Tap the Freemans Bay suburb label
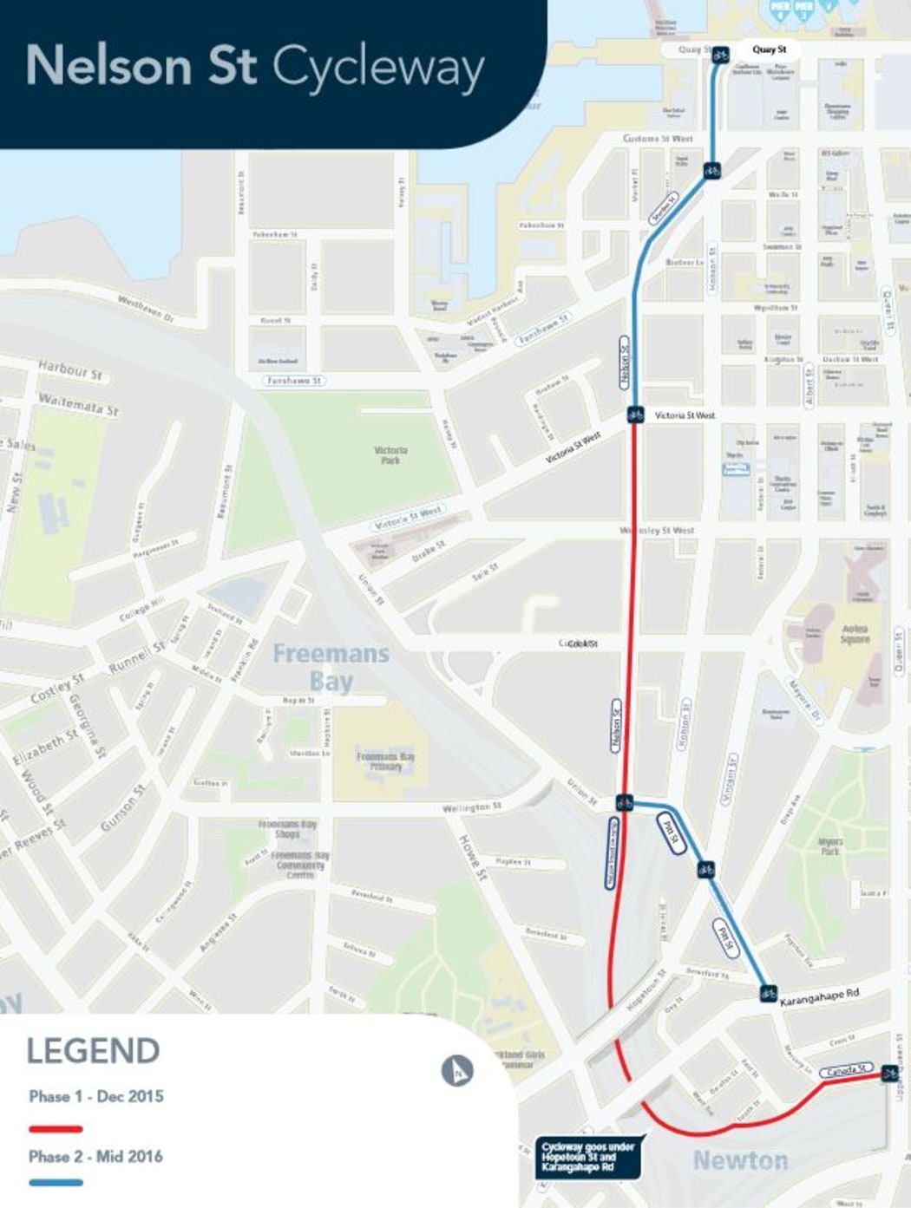[x=331, y=667]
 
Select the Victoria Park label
[x=390, y=455]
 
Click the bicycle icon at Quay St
[x=720, y=56]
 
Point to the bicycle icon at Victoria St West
[x=635, y=415]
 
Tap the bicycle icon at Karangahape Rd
[x=768, y=993]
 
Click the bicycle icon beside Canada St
[x=889, y=1074]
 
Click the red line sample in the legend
[x=56, y=1129]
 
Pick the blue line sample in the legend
[x=56, y=1182]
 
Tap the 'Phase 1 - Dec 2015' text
[x=95, y=1096]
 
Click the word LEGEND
[x=93, y=1051]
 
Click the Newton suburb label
[x=740, y=1160]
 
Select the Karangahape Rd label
[x=819, y=997]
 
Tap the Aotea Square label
[x=855, y=634]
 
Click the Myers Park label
[x=830, y=846]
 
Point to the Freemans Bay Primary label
[x=385, y=761]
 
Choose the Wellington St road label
[x=471, y=807]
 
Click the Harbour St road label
[x=69, y=370]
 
